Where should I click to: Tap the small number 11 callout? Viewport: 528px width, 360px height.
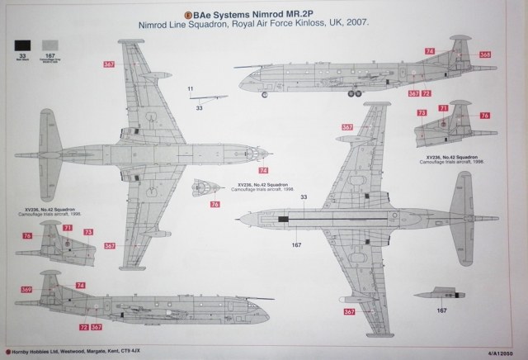click(191, 88)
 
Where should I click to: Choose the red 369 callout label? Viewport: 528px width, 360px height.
click(26, 290)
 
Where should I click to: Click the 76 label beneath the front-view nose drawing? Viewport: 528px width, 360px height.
click(214, 204)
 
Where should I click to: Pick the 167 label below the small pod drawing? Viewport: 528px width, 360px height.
click(442, 310)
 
